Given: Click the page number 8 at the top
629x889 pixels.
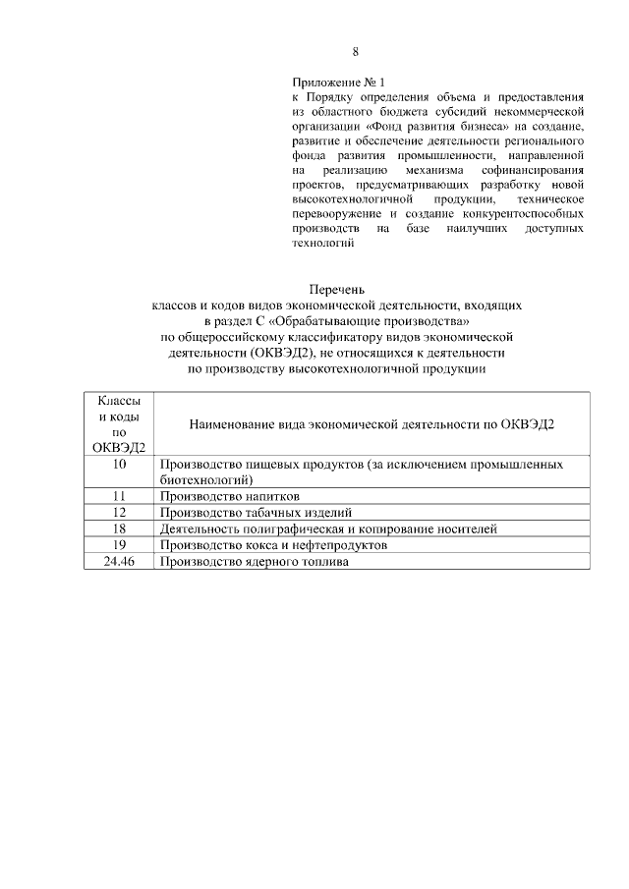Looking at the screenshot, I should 355,51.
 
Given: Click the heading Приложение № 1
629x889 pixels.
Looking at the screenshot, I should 333,82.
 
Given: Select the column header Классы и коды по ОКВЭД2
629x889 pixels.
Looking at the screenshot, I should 119,423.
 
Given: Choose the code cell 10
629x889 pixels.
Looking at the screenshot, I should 119,463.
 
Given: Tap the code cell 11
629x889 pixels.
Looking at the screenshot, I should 119,496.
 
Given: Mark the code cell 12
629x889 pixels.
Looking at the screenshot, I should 119,512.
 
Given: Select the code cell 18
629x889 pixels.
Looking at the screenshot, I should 119,528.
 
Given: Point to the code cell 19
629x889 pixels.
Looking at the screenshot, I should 119,544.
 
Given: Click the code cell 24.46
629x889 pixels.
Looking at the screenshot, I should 119,561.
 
